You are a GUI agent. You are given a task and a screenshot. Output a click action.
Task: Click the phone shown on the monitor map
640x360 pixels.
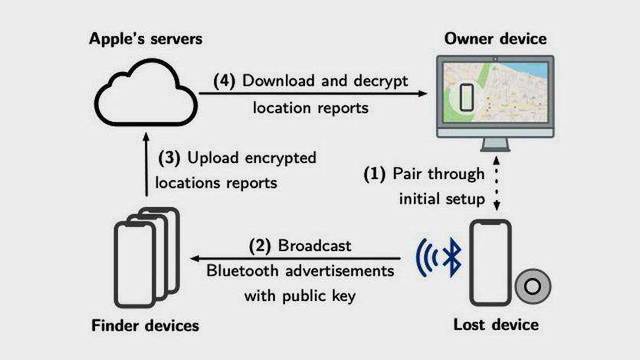point(466,97)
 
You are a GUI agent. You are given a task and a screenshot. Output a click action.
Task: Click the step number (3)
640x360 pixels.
point(170,159)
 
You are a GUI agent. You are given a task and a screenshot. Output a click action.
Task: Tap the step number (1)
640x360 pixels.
point(375,174)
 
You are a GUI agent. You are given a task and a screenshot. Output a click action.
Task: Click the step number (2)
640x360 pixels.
point(261,247)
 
